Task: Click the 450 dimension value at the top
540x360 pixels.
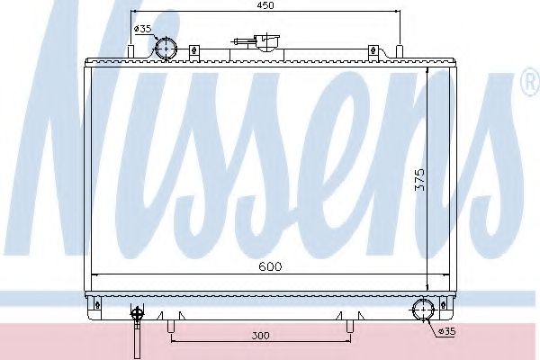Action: click(265, 5)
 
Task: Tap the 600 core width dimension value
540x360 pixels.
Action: click(270, 266)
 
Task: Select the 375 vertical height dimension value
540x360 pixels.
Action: click(420, 179)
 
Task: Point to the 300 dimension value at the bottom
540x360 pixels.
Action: click(260, 336)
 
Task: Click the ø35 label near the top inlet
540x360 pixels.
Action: click(143, 29)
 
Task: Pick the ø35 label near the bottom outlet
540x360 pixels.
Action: click(446, 331)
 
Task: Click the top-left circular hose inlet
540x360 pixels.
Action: click(166, 49)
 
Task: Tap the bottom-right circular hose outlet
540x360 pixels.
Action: click(423, 310)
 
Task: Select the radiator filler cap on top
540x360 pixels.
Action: click(267, 42)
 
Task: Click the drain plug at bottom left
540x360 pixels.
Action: click(137, 328)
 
